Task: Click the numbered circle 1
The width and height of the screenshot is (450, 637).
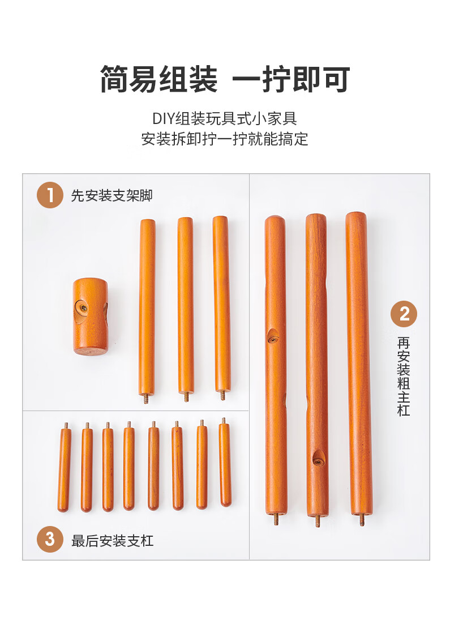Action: (50, 195)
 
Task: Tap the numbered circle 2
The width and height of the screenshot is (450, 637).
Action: (404, 314)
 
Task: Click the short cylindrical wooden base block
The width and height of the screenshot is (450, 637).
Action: (91, 316)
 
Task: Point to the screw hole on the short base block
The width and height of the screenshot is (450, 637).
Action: (83, 308)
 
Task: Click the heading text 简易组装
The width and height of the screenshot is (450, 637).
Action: (159, 79)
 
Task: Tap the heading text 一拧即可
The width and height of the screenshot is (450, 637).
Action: (291, 79)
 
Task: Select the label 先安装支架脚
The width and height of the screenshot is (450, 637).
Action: (112, 195)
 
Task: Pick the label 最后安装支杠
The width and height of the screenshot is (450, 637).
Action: (113, 541)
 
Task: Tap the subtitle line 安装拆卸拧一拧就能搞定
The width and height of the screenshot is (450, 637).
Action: (225, 139)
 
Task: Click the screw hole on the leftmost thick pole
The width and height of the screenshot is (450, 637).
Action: (272, 337)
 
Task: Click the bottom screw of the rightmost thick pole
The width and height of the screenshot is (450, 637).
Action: (362, 520)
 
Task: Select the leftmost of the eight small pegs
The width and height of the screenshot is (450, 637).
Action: (64, 467)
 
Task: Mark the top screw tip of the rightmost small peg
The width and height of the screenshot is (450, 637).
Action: (224, 418)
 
